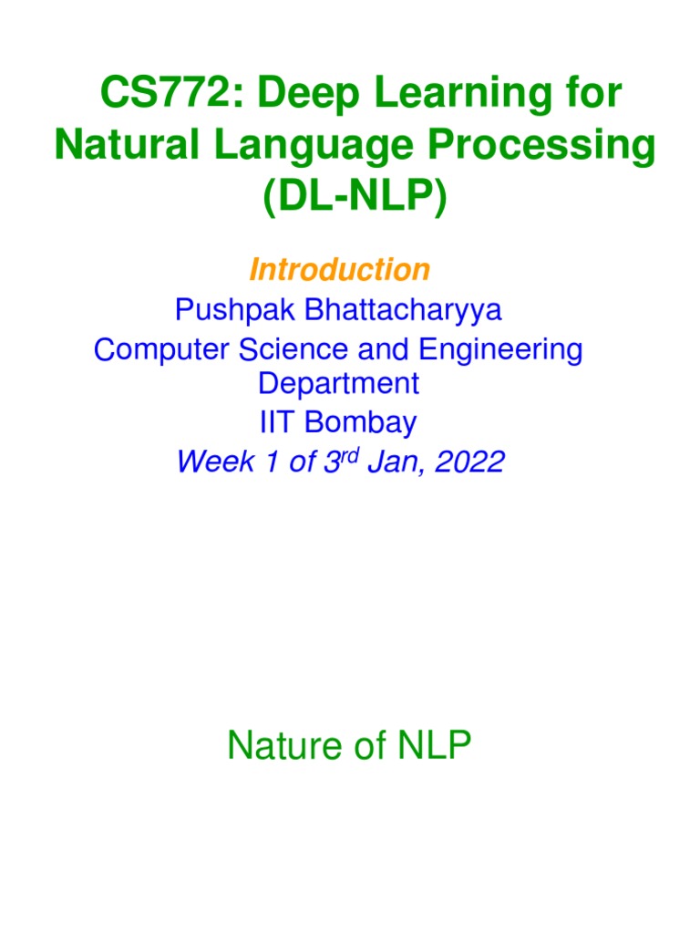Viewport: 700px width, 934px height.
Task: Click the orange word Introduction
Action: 339,270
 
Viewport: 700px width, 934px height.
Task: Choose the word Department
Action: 339,383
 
